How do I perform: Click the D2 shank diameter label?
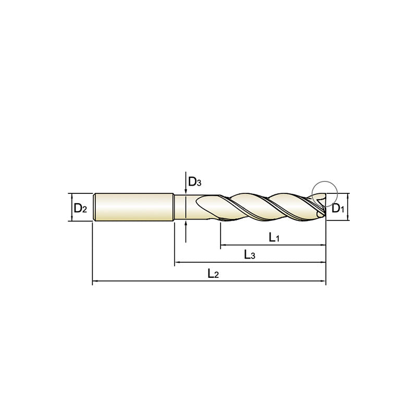[80, 208]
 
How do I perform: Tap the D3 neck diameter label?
[194, 182]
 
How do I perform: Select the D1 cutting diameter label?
[338, 208]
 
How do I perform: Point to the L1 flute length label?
[275, 238]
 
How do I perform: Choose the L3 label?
[250, 255]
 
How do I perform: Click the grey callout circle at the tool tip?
[325, 192]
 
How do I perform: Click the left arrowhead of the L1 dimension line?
[223, 244]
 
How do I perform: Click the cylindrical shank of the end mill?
[133, 207]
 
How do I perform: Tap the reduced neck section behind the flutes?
[185, 207]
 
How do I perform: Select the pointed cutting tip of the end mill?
[323, 208]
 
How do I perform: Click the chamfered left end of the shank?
[94, 207]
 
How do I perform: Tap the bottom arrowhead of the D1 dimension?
[347, 219]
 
